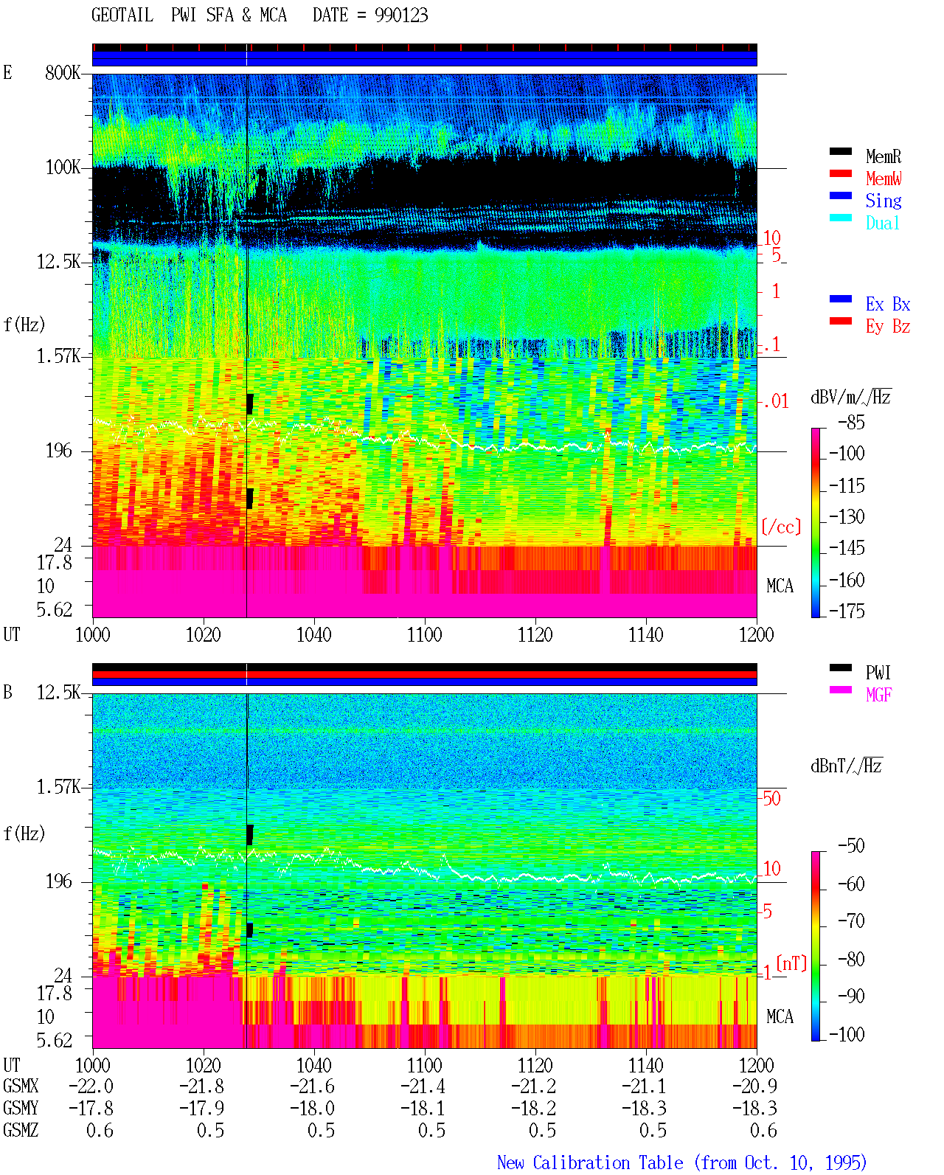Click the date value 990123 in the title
pyautogui.click(x=401, y=15)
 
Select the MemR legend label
pyautogui.click(x=884, y=156)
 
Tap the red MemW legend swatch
pyautogui.click(x=840, y=173)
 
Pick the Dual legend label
pyautogui.click(x=883, y=223)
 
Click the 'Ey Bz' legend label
pyautogui.click(x=888, y=327)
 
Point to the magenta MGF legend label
pyautogui.click(x=878, y=695)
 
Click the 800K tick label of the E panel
pyautogui.click(x=63, y=72)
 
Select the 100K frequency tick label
pyautogui.click(x=63, y=167)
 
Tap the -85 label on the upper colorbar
pyautogui.click(x=851, y=422)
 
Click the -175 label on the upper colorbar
pyautogui.click(x=847, y=611)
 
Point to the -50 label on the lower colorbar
pyautogui.click(x=851, y=846)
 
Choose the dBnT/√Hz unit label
pyautogui.click(x=847, y=766)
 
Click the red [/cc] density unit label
pyautogui.click(x=781, y=527)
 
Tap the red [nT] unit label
pyautogui.click(x=791, y=963)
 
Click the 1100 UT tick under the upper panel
pyautogui.click(x=424, y=634)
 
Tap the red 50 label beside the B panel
pyautogui.click(x=771, y=799)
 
